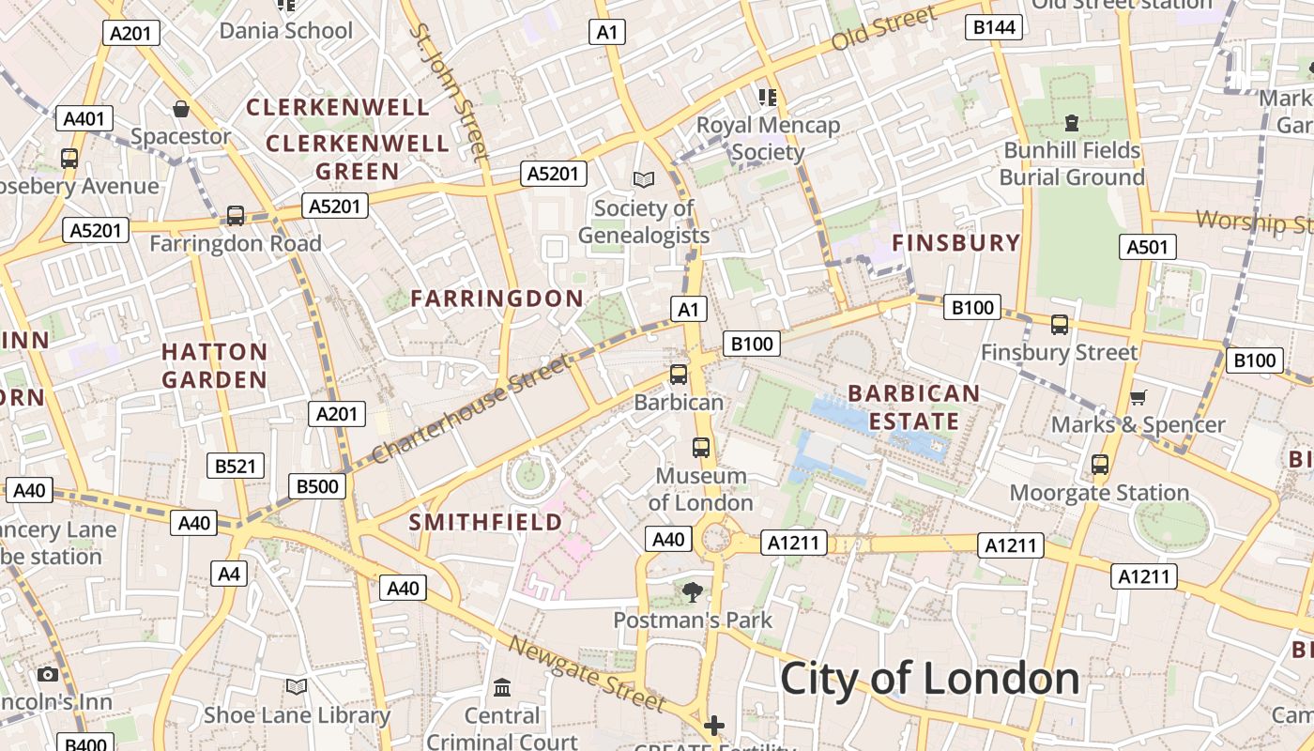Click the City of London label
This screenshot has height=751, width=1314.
[929, 678]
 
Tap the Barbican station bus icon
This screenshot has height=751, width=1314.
[679, 375]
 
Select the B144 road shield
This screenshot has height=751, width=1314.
[994, 27]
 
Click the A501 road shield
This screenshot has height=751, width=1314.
[1147, 247]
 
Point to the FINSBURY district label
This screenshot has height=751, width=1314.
[955, 242]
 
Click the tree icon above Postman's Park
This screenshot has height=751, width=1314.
[693, 591]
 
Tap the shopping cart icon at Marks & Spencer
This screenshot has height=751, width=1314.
[1138, 398]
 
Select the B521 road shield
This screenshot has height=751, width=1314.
[236, 466]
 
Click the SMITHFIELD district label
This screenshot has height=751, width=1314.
[485, 522]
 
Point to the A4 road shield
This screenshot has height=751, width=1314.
[229, 574]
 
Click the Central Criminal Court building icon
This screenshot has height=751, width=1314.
[502, 688]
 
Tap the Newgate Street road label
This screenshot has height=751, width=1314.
[587, 672]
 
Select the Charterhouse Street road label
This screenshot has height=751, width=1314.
[469, 408]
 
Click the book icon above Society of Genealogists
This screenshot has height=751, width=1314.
[643, 179]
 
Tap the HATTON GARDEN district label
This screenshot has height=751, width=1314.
[214, 366]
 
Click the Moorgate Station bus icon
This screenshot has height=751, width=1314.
[1100, 465]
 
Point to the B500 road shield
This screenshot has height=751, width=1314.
[317, 485]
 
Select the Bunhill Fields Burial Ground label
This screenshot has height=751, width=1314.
[1072, 163]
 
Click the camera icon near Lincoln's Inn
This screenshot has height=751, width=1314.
[48, 674]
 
